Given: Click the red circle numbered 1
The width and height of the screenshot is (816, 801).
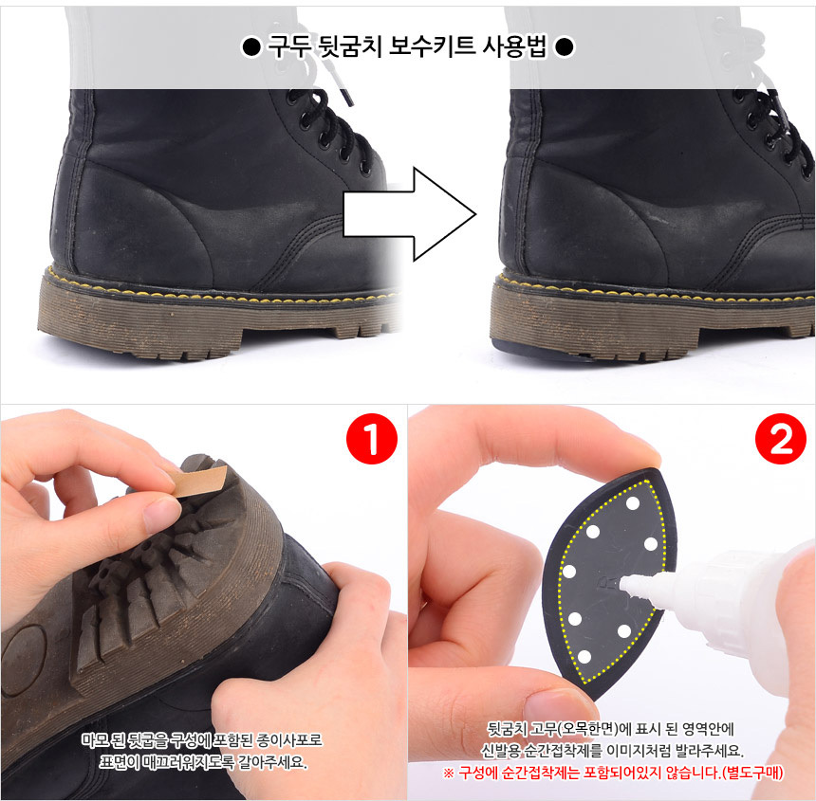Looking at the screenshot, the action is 372,438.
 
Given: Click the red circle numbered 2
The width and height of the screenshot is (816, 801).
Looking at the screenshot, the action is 781,438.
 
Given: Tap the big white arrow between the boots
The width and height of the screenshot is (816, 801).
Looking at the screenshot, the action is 410,213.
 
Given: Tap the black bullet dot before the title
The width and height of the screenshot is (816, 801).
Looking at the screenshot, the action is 251,47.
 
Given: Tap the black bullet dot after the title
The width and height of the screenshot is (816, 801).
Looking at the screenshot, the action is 565,47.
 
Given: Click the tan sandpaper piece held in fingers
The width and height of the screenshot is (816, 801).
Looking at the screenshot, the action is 201,481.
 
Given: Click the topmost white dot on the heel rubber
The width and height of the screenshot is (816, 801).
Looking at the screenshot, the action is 633,503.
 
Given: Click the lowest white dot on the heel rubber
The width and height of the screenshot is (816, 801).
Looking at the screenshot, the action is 584,657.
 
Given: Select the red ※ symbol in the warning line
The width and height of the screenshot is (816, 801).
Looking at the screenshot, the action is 449,773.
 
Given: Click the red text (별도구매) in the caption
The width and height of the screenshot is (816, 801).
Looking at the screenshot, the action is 753,773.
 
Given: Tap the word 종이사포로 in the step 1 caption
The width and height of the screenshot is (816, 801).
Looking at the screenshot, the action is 289,739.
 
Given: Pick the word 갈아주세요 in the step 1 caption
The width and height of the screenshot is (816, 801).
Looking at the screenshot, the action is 273,762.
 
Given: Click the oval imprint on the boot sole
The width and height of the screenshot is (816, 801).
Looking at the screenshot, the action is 24,659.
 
